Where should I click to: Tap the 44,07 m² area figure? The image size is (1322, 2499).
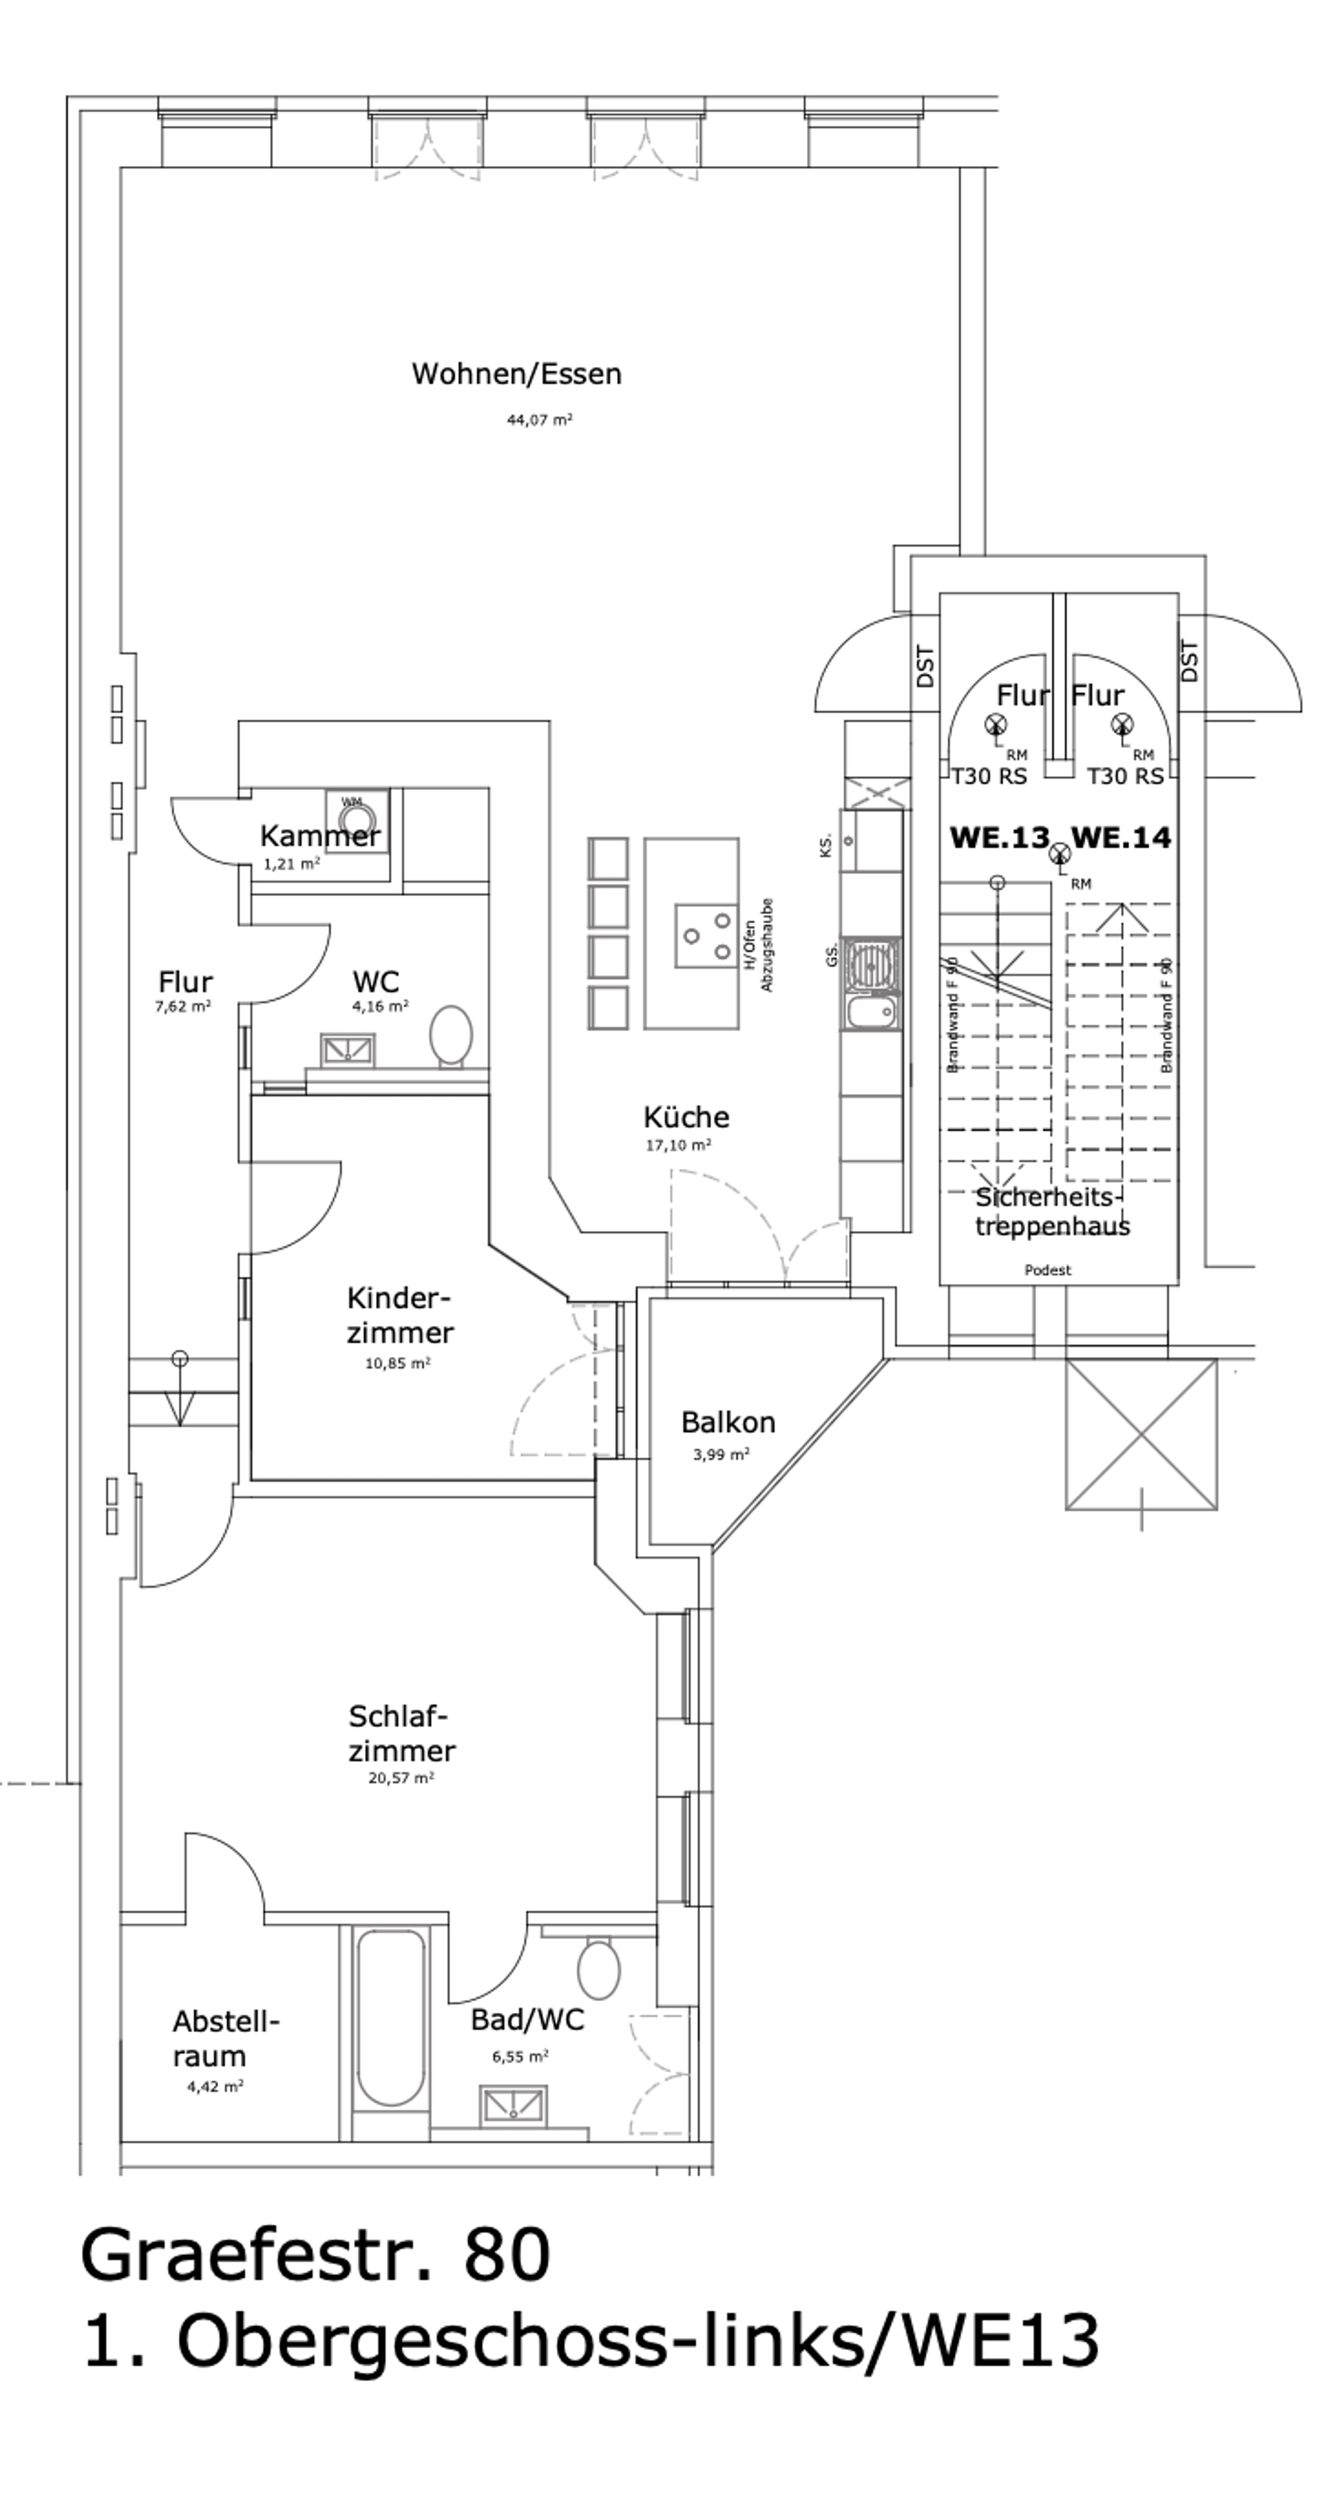539,420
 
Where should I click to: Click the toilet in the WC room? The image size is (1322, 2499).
451,1034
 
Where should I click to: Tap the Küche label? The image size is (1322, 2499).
686,1117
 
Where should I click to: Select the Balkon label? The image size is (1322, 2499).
727,1422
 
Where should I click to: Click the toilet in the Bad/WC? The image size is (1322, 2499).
598,1969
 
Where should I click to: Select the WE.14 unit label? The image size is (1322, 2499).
1121,837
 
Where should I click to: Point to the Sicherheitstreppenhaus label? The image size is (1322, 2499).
1052,1212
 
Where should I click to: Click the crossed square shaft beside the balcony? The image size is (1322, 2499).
1141,1434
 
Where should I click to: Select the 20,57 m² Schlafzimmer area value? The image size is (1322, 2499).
401,1779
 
